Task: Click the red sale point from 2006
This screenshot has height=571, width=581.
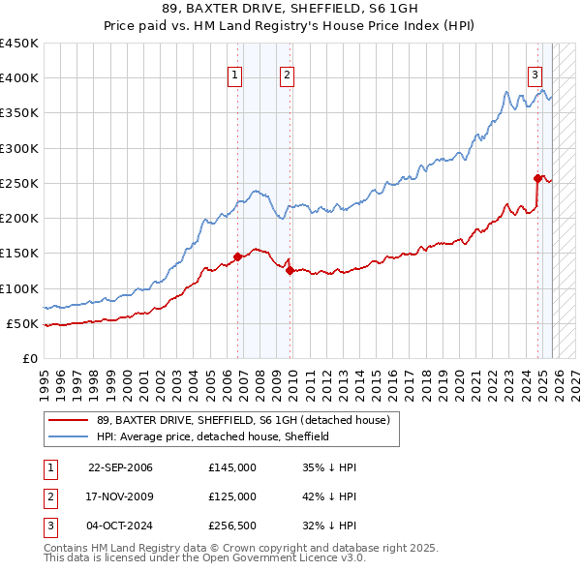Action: tap(237, 256)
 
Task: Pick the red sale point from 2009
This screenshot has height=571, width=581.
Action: tap(290, 271)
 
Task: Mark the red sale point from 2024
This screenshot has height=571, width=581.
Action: tap(537, 178)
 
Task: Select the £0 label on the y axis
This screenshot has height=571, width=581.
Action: tap(29, 358)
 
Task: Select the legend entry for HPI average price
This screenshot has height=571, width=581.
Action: tap(213, 436)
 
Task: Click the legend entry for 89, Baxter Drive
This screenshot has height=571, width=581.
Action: tap(242, 420)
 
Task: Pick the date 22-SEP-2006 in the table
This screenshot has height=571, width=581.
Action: tap(120, 467)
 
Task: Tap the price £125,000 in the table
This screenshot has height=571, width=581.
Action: tap(232, 496)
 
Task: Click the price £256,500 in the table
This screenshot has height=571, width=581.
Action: tap(232, 526)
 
